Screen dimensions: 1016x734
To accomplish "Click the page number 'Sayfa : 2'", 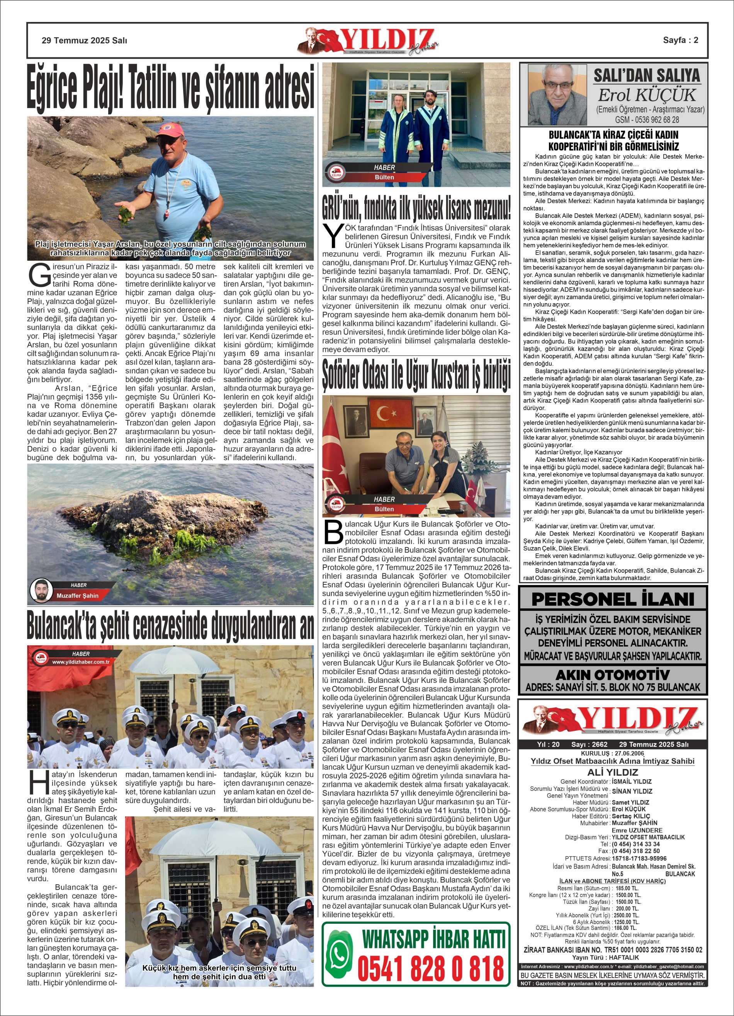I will (x=680, y=40).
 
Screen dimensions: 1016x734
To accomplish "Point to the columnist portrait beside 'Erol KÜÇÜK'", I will (x=557, y=95).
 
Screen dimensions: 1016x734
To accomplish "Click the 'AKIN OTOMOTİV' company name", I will (x=613, y=675).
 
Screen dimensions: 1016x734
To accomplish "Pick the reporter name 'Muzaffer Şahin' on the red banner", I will (x=77, y=596).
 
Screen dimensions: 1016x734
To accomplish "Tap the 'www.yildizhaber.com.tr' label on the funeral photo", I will (x=81, y=662).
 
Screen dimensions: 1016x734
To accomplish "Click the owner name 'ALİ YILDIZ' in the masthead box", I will (x=613, y=772).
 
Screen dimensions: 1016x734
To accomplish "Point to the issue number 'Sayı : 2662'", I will (x=589, y=744).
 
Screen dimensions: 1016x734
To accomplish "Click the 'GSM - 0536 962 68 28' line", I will (x=647, y=120).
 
